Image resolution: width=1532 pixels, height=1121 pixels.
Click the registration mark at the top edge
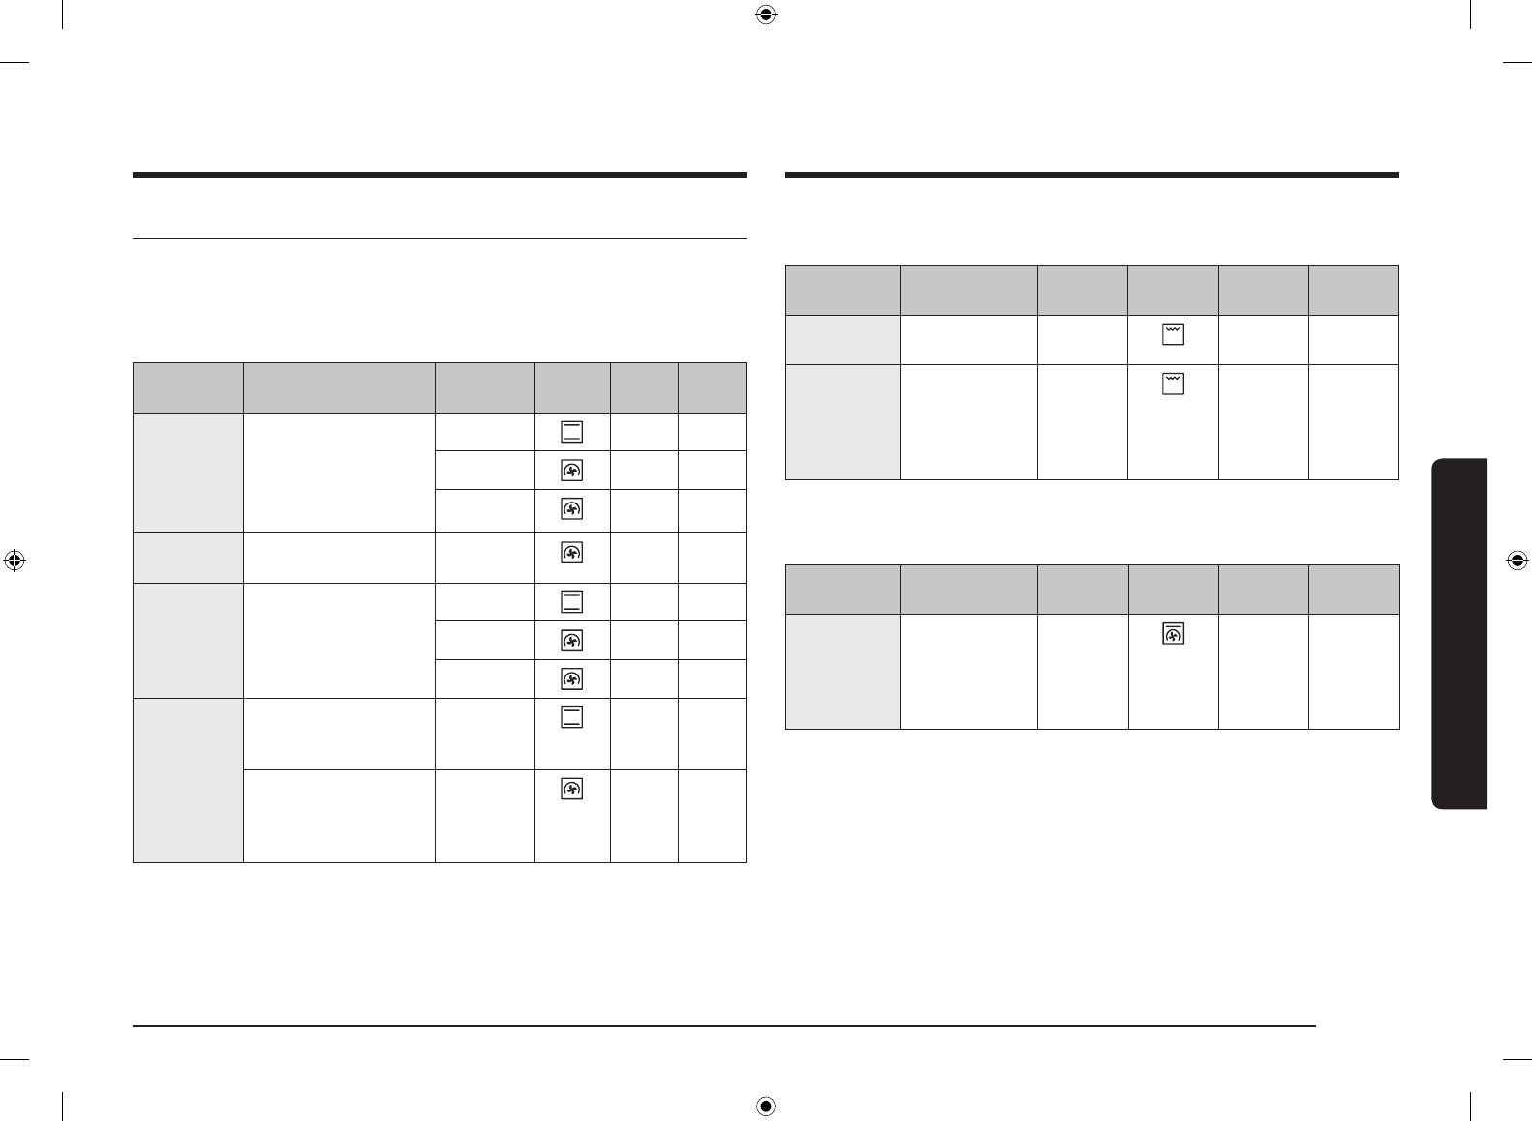click(x=765, y=14)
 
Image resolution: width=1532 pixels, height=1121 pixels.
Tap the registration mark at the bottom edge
click(x=765, y=1106)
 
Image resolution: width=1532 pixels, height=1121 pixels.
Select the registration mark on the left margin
click(x=14, y=560)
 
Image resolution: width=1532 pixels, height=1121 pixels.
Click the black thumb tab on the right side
click(x=1460, y=633)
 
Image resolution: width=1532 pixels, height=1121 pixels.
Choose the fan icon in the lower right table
click(x=1172, y=634)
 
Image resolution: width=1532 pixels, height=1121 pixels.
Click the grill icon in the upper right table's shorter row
click(x=1172, y=334)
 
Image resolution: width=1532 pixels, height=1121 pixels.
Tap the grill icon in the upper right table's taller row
click(x=1172, y=384)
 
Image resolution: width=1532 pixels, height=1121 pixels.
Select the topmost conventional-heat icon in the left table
click(x=571, y=432)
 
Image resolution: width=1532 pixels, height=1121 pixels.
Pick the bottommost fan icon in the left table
click(x=571, y=790)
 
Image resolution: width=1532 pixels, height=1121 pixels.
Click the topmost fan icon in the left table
click(x=571, y=471)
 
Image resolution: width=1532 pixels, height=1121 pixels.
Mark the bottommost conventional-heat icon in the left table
click(x=571, y=716)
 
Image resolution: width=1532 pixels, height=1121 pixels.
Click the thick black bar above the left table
click(x=440, y=175)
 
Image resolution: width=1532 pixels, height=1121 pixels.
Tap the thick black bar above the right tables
click(x=1091, y=175)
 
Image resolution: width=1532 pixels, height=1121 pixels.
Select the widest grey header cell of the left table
click(x=338, y=388)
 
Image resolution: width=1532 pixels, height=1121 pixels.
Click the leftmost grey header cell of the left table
click(x=188, y=388)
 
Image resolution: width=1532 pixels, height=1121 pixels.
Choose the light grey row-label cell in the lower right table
click(x=842, y=671)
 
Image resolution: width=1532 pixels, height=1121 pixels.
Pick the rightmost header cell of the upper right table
click(x=1353, y=290)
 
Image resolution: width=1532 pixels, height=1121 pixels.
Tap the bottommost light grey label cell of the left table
click(x=188, y=779)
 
